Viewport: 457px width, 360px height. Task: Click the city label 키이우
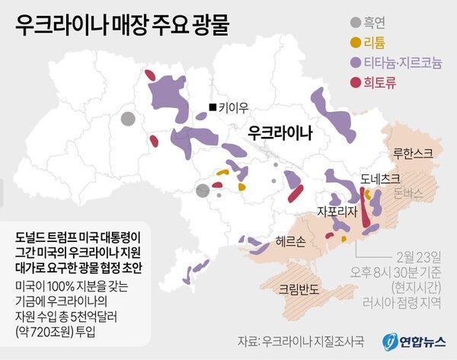pos(232,107)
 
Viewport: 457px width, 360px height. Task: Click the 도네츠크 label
pos(380,180)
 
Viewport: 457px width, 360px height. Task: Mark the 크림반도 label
pos(299,288)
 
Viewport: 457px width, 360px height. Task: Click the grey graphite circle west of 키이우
pos(128,119)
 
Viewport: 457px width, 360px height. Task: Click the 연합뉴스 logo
pos(414,339)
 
